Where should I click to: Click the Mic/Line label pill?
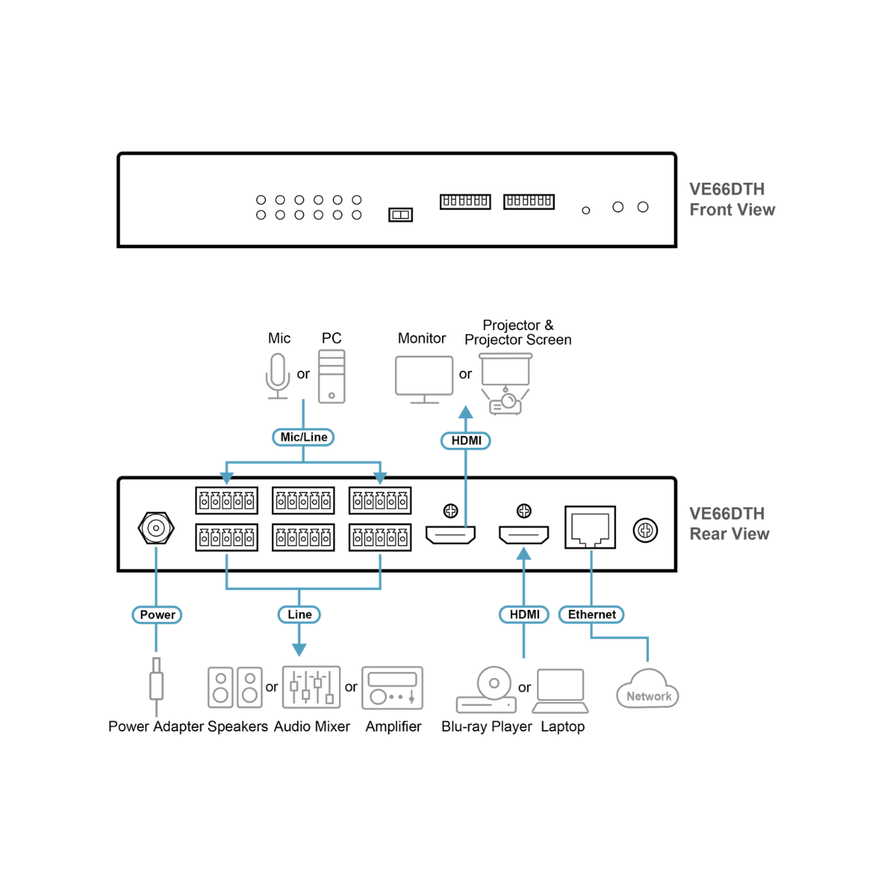pyautogui.click(x=304, y=438)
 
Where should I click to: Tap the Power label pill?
pyautogui.click(x=157, y=614)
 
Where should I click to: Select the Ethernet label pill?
pyautogui.click(x=592, y=614)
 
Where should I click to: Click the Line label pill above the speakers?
pyautogui.click(x=299, y=614)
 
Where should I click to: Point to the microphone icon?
pyautogui.click(x=278, y=376)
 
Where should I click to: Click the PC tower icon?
pyautogui.click(x=331, y=376)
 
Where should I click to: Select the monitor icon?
pyautogui.click(x=424, y=379)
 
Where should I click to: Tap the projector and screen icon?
pyautogui.click(x=505, y=383)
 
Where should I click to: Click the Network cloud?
pyautogui.click(x=648, y=690)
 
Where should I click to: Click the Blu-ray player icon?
pyautogui.click(x=486, y=691)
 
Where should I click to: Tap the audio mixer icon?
pyautogui.click(x=312, y=687)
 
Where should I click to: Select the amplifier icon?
pyautogui.click(x=393, y=688)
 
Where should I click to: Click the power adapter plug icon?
pyautogui.click(x=156, y=685)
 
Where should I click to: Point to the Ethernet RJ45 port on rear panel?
pyautogui.click(x=590, y=527)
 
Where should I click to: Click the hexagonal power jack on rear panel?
pyautogui.click(x=156, y=528)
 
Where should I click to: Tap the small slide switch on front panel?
pyautogui.click(x=401, y=215)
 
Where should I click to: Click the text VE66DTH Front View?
pyautogui.click(x=732, y=200)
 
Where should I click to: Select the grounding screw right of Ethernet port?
pyautogui.click(x=645, y=530)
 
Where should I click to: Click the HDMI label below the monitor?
pyautogui.click(x=466, y=441)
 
